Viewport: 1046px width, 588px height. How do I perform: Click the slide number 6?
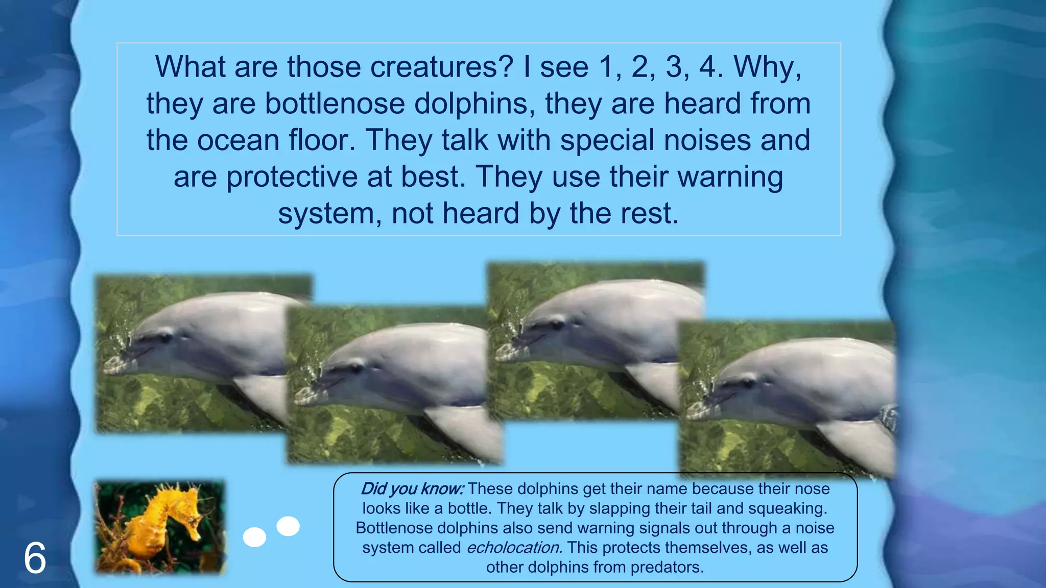pyautogui.click(x=35, y=558)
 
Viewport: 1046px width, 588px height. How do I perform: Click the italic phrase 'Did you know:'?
pyautogui.click(x=412, y=489)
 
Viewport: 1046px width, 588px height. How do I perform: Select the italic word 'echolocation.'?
pyautogui.click(x=514, y=548)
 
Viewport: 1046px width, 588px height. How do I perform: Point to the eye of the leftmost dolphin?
pyautogui.click(x=165, y=337)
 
